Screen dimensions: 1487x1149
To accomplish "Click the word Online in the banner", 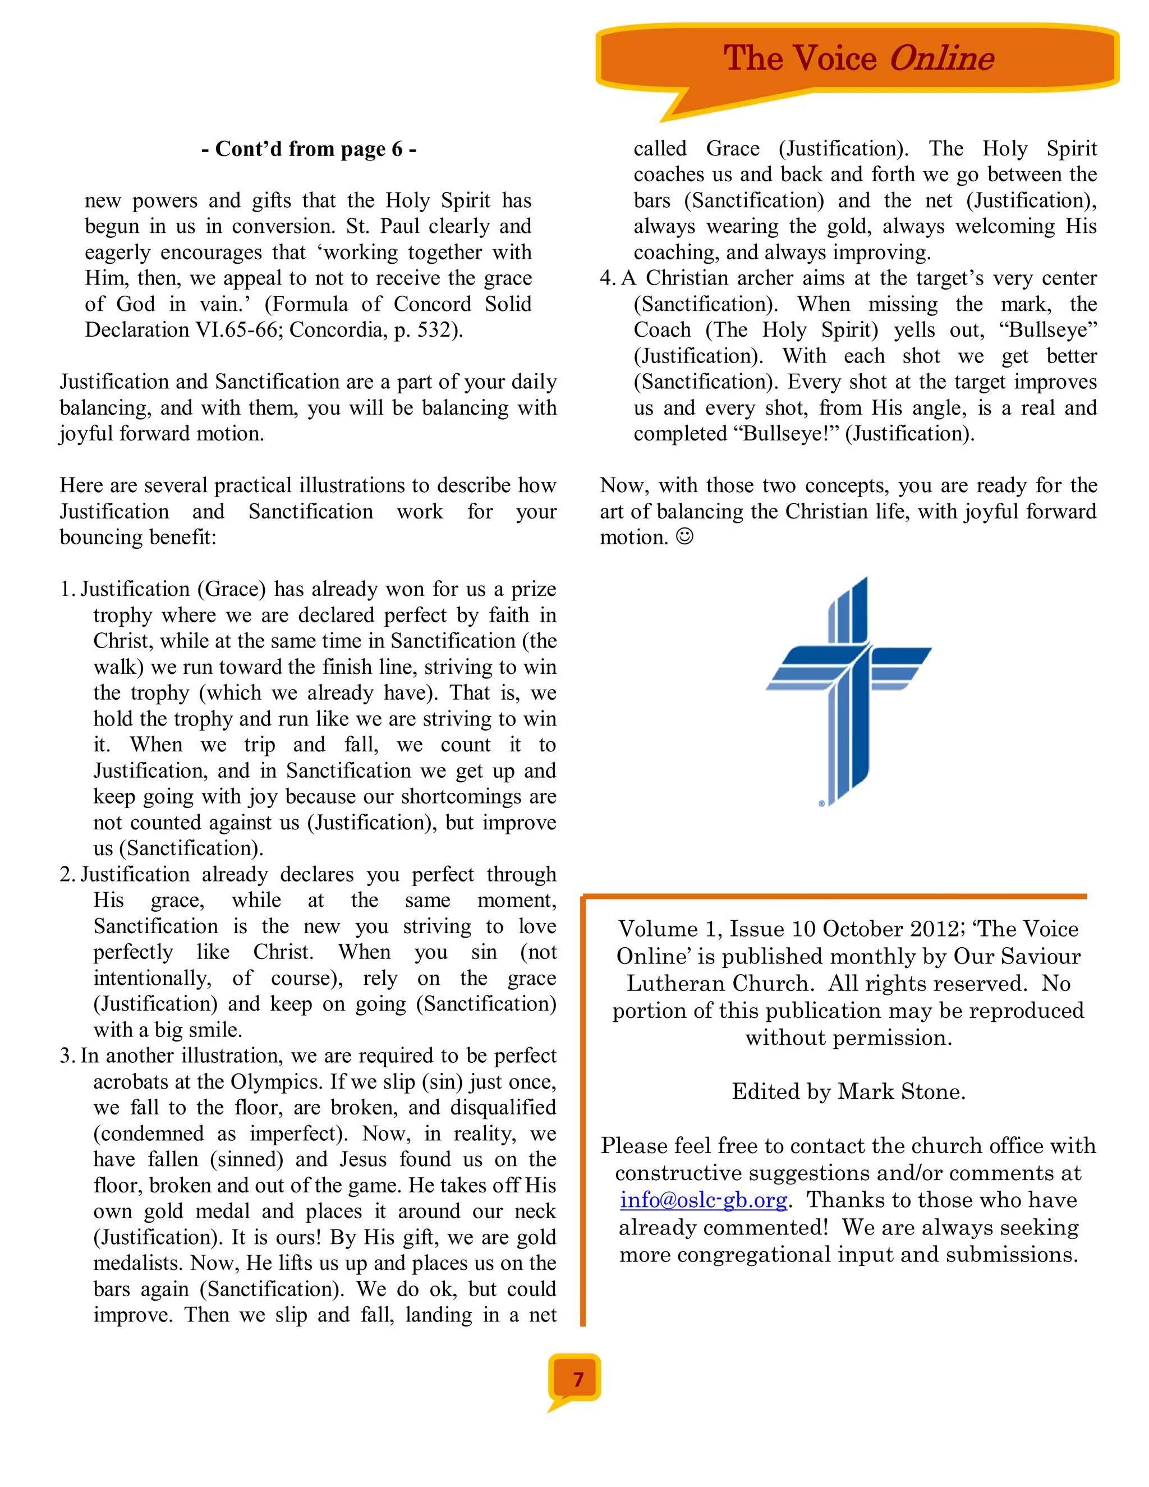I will pyautogui.click(x=941, y=58).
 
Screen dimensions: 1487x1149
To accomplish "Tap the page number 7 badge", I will pyautogui.click(x=578, y=1379).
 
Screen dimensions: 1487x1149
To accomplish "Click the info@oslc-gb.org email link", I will pyautogui.click(x=703, y=1200).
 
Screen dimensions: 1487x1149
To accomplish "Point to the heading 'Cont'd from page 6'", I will pyautogui.click(x=309, y=149).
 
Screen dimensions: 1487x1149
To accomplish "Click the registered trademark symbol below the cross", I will pyautogui.click(x=821, y=804).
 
